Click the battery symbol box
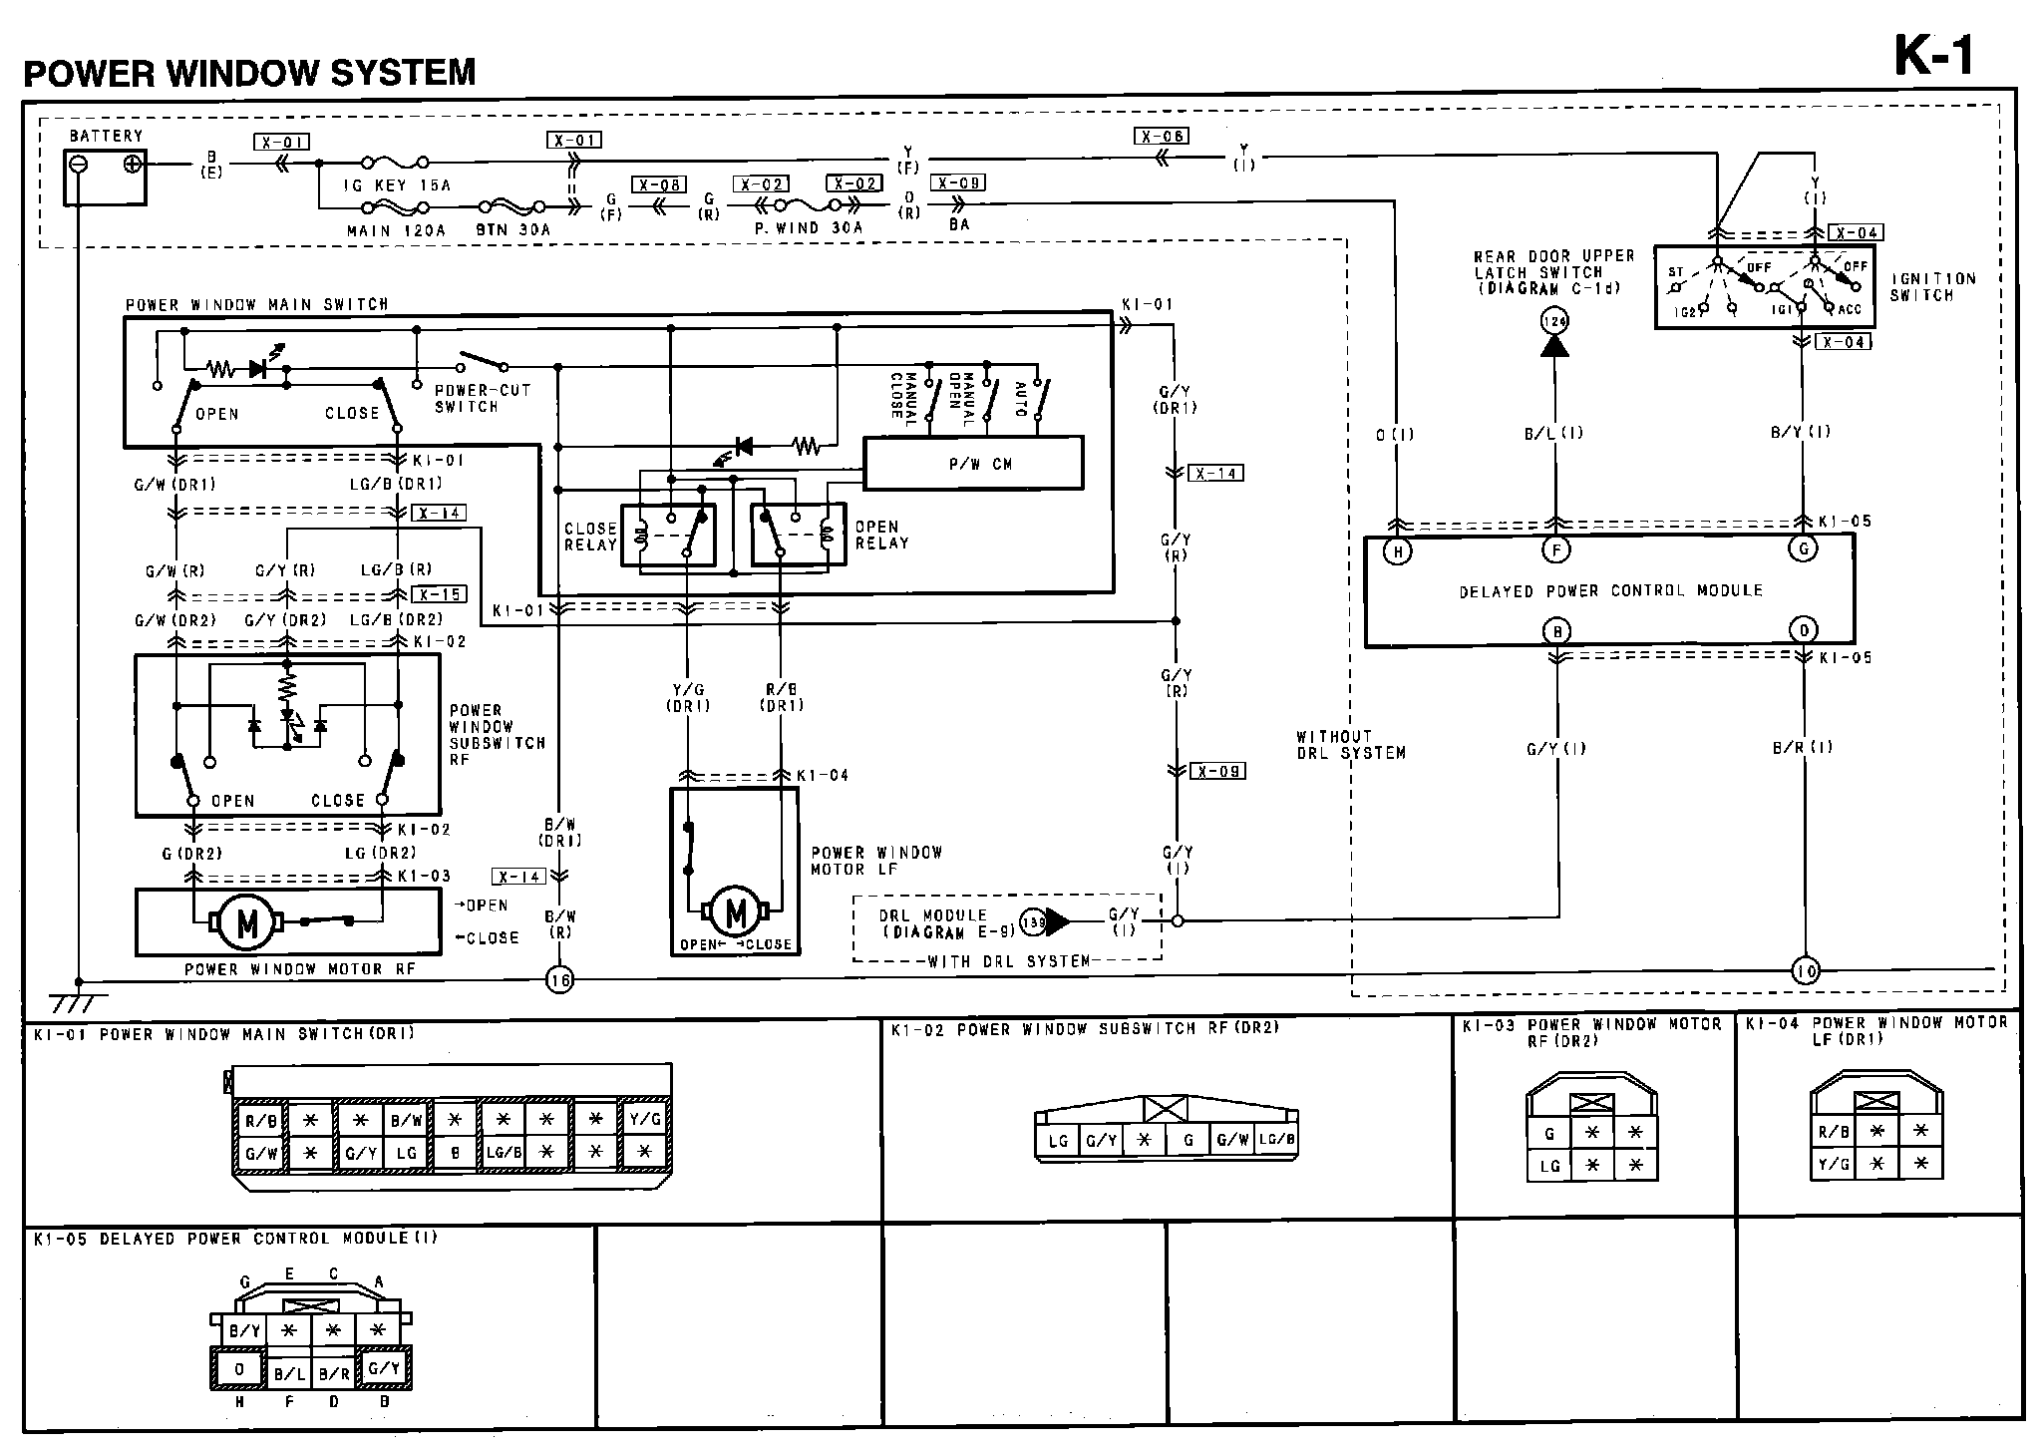[105, 177]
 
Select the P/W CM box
[972, 464]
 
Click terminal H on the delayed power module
[1397, 551]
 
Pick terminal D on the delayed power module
[1803, 630]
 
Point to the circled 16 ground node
[559, 980]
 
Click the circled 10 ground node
[1806, 969]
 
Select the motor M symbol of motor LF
[736, 911]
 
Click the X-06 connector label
[1162, 136]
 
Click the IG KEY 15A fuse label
[397, 185]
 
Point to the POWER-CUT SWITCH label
[482, 399]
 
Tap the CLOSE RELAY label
[590, 537]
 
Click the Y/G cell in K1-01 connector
[643, 1120]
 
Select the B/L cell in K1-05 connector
[288, 1373]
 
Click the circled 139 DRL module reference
[1033, 922]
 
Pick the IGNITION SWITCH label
[1932, 287]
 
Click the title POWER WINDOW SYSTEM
[249, 73]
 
